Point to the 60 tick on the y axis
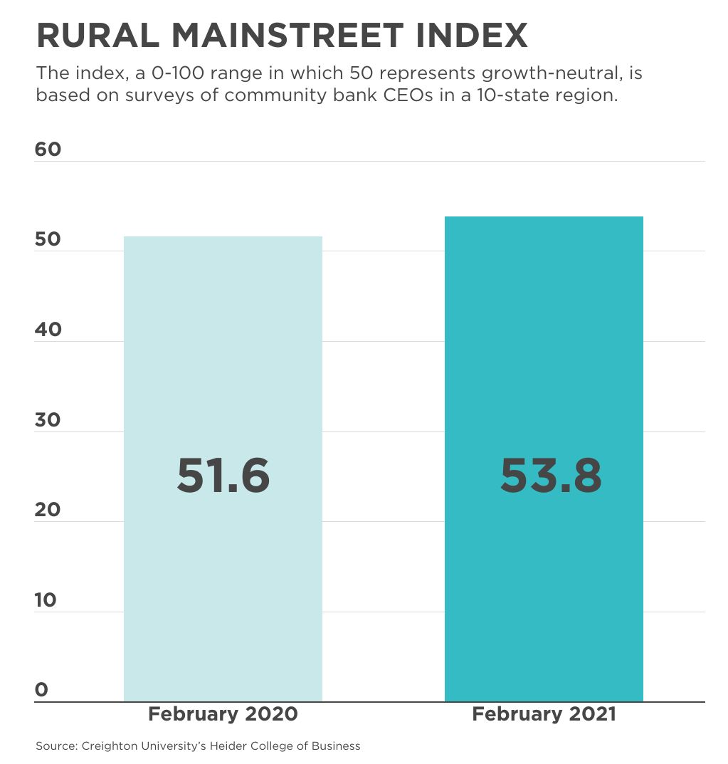[48, 150]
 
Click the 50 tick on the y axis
[48, 239]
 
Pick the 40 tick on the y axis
[48, 330]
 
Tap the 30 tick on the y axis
[48, 420]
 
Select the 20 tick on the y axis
[48, 510]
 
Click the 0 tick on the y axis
[41, 690]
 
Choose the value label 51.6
[223, 476]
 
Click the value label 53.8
[551, 476]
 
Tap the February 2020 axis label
[223, 714]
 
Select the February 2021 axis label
[544, 714]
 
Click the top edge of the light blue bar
[223, 237]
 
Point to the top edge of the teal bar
[544, 217]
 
